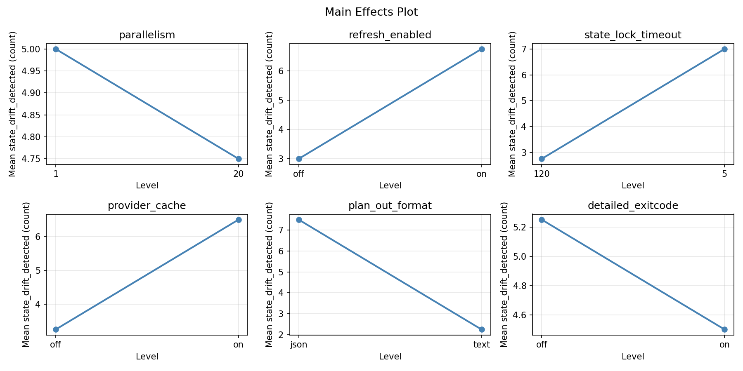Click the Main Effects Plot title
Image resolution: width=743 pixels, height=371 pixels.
371,12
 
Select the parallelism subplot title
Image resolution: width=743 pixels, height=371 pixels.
147,35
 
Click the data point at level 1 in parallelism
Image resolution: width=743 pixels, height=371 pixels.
56,49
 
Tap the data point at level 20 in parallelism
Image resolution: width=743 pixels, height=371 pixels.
238,159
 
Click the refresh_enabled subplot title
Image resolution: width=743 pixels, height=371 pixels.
390,35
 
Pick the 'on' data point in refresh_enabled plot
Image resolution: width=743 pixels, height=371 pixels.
481,49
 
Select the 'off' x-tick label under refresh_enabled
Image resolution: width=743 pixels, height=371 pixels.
298,174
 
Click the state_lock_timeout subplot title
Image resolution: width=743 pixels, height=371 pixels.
633,35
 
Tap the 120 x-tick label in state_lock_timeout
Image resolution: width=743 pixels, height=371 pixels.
542,174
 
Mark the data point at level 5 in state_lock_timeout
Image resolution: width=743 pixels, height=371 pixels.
724,49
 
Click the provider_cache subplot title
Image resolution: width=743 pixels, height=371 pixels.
147,206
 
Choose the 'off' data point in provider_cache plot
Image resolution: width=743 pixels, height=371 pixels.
56,329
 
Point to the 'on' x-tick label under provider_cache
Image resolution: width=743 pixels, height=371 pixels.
238,345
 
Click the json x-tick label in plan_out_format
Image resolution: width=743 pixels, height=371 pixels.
299,345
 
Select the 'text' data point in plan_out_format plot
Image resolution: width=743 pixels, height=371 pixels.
481,329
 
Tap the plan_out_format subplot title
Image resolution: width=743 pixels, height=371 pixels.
390,206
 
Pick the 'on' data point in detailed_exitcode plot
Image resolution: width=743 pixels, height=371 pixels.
724,329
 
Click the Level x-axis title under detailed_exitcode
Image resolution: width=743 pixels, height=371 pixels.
633,357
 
